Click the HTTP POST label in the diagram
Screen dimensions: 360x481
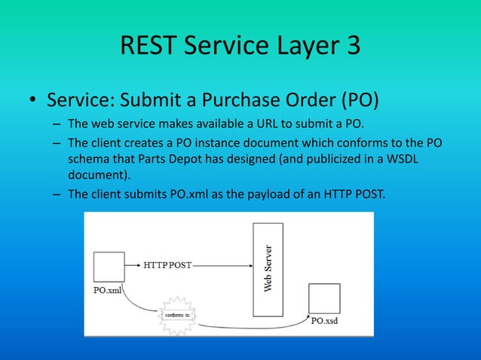point(167,266)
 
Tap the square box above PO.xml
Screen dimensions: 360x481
point(109,267)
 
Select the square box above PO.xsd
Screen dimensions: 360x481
point(324,297)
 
